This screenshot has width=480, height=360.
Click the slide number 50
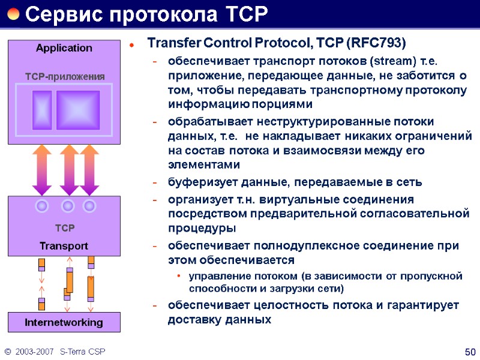click(x=470, y=350)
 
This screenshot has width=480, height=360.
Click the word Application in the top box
click(x=64, y=48)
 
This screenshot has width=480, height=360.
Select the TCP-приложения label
click(x=65, y=76)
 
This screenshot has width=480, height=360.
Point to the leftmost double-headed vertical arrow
click(x=42, y=170)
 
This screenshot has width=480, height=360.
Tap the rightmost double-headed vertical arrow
click(x=89, y=170)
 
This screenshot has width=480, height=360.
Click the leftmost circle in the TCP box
click(x=42, y=206)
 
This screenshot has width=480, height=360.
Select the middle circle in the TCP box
click(x=68, y=206)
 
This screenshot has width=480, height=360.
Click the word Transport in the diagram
click(x=64, y=246)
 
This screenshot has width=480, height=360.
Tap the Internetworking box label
click(x=64, y=323)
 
